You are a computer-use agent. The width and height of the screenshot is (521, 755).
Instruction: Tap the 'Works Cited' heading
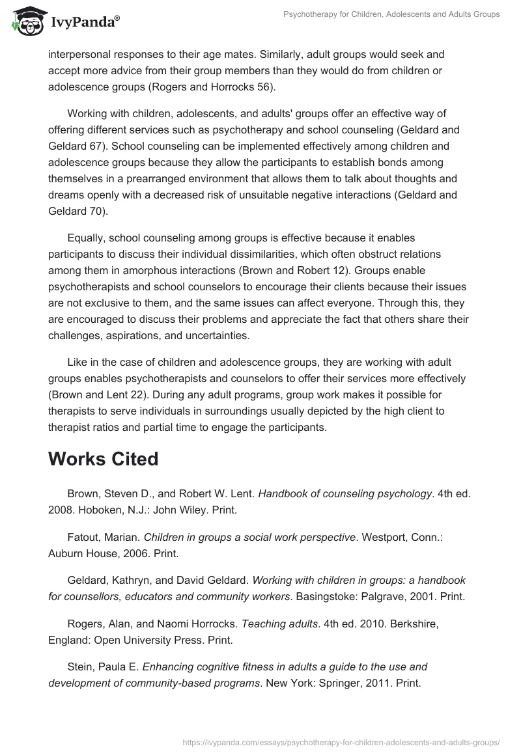[x=103, y=459]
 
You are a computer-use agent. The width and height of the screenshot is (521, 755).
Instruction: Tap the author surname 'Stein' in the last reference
[x=80, y=667]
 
